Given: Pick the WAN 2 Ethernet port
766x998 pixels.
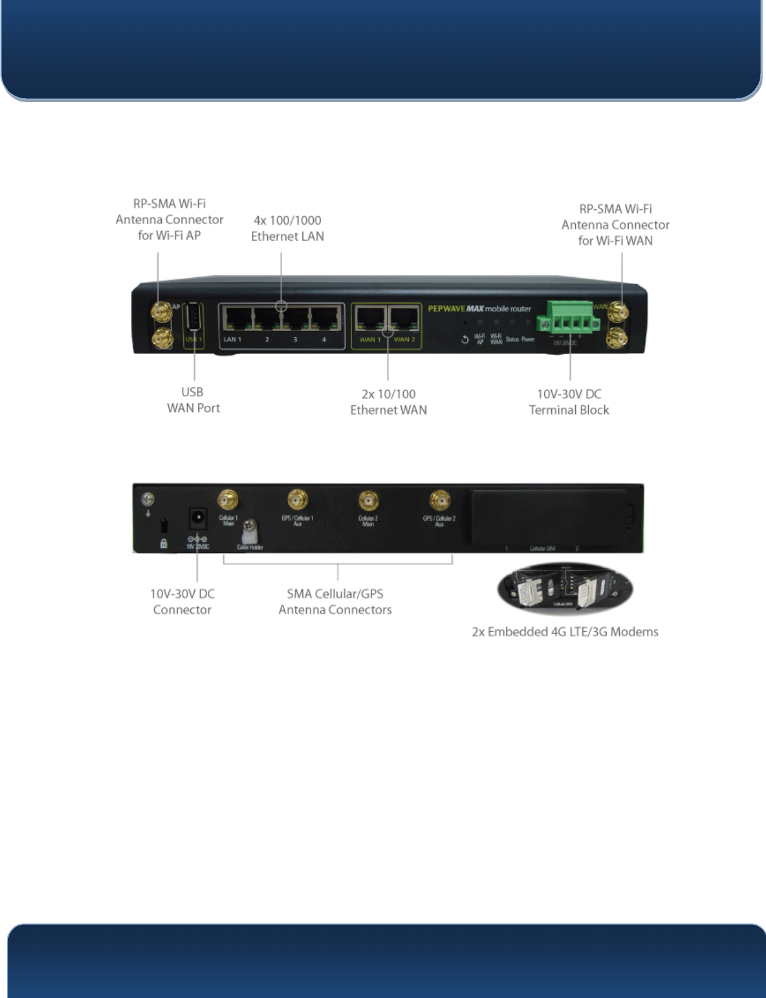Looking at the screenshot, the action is pyautogui.click(x=404, y=319).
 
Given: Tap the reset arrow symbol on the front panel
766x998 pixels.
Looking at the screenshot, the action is pyautogui.click(x=465, y=340).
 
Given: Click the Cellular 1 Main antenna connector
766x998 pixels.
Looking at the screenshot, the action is pyautogui.click(x=227, y=501).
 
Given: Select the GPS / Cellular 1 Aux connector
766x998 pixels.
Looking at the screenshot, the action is pyautogui.click(x=297, y=500).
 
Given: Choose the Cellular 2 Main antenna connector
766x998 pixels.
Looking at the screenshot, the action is pyautogui.click(x=369, y=501).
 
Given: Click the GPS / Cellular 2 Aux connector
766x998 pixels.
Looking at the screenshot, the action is pyautogui.click(x=440, y=501).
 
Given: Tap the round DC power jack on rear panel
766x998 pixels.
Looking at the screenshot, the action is pyautogui.click(x=198, y=519).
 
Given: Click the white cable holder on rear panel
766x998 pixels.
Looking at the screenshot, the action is pyautogui.click(x=251, y=531).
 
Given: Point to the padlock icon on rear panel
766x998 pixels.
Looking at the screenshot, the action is pyautogui.click(x=164, y=543).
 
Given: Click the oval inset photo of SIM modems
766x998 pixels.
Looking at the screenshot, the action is pyautogui.click(x=565, y=589).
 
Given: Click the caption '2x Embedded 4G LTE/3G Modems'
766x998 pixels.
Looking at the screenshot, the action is pyautogui.click(x=565, y=632).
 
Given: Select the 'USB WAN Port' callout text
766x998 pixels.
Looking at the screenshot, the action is pyautogui.click(x=193, y=400).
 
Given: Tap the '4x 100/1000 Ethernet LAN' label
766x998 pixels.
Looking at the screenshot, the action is pyautogui.click(x=287, y=228).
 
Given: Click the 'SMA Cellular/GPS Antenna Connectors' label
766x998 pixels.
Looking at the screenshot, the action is pyautogui.click(x=335, y=602).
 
